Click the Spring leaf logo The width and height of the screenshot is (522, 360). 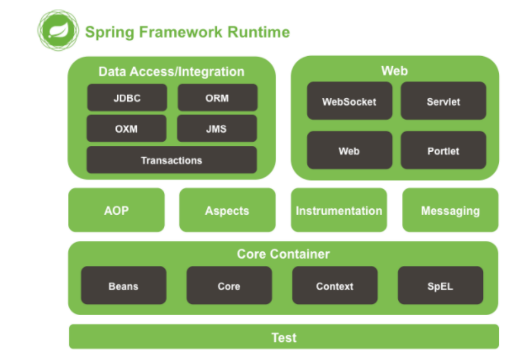click(58, 30)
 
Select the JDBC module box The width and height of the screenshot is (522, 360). click(127, 98)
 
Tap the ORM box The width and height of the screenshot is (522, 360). click(217, 98)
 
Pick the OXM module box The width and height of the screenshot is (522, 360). click(126, 128)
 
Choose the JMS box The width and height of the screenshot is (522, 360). click(217, 128)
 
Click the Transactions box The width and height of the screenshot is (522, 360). click(172, 160)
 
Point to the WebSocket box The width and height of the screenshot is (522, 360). click(350, 101)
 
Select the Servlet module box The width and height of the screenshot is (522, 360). click(443, 101)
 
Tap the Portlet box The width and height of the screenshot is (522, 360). click(443, 150)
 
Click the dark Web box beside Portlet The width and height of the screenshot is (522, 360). click(350, 150)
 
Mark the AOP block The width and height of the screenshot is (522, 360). click(117, 210)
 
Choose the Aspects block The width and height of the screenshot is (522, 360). click(227, 210)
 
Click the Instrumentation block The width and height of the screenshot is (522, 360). click(339, 210)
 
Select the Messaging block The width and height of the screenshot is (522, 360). click(451, 210)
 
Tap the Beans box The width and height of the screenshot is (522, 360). click(124, 285)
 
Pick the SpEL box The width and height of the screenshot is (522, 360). click(441, 285)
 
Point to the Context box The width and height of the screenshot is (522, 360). click(335, 285)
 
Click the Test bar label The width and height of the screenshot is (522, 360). click(284, 338)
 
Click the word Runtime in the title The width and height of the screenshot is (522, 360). click(259, 32)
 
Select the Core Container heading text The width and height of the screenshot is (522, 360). click(283, 254)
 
